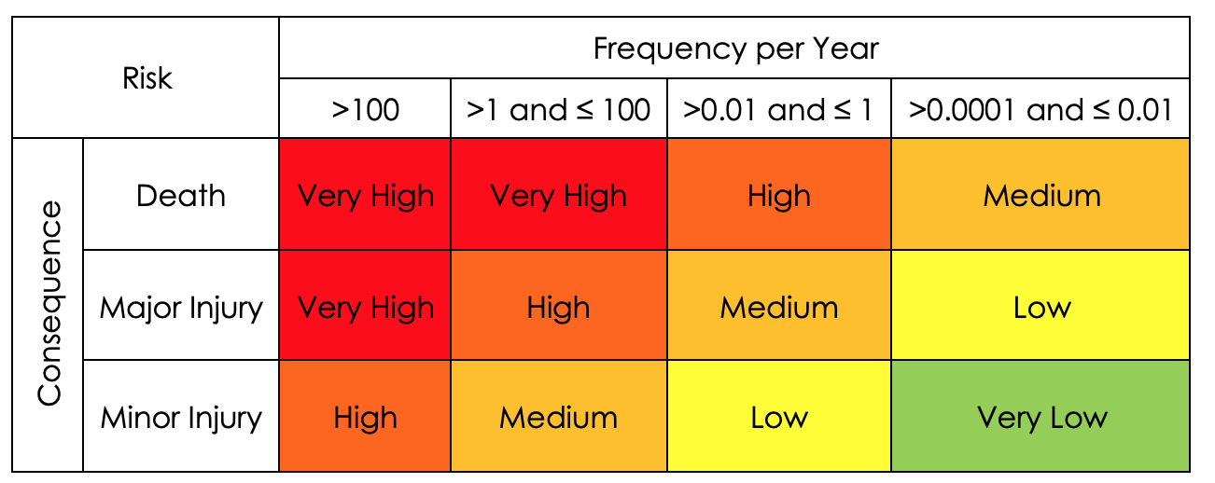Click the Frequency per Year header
735,48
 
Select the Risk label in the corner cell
147,78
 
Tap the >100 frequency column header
365,110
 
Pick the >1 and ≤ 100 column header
558,110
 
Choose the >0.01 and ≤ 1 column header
778,110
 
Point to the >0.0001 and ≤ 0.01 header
1040,110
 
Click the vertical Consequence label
49,303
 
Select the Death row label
181,196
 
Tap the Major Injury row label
181,307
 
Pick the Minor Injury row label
181,417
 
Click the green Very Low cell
1040,417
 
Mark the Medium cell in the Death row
1040,196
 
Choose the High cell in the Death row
778,196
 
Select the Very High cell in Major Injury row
365,307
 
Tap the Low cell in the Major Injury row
1040,307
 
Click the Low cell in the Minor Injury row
778,417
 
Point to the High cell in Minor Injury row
365,417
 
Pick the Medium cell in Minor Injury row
558,417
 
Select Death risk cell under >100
365,196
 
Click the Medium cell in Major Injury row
778,307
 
